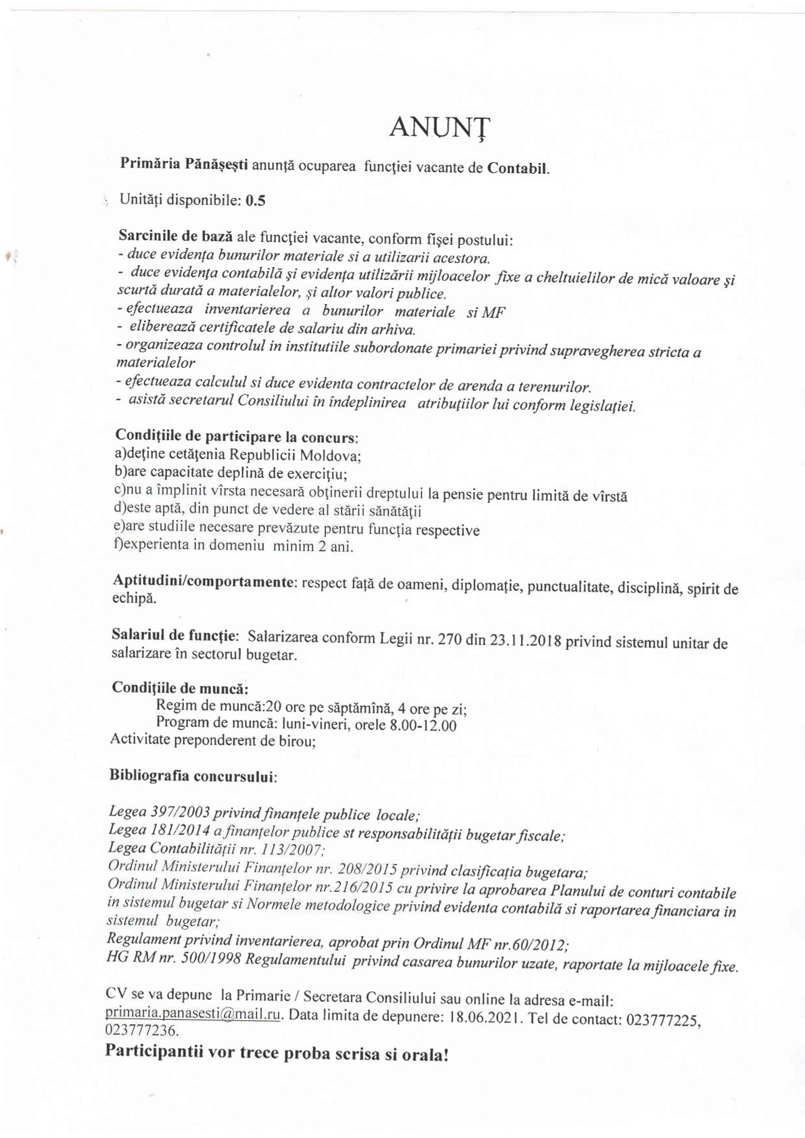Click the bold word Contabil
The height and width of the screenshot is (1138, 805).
coord(518,168)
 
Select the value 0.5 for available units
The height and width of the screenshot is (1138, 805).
coord(256,201)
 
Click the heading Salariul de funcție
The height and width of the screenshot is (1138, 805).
coord(175,636)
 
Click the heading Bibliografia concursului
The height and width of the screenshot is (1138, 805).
coord(193,776)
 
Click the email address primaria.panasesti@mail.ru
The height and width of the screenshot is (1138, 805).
coord(193,1014)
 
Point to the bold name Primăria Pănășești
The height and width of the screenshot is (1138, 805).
coord(183,164)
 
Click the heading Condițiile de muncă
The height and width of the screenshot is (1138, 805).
coord(179,688)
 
